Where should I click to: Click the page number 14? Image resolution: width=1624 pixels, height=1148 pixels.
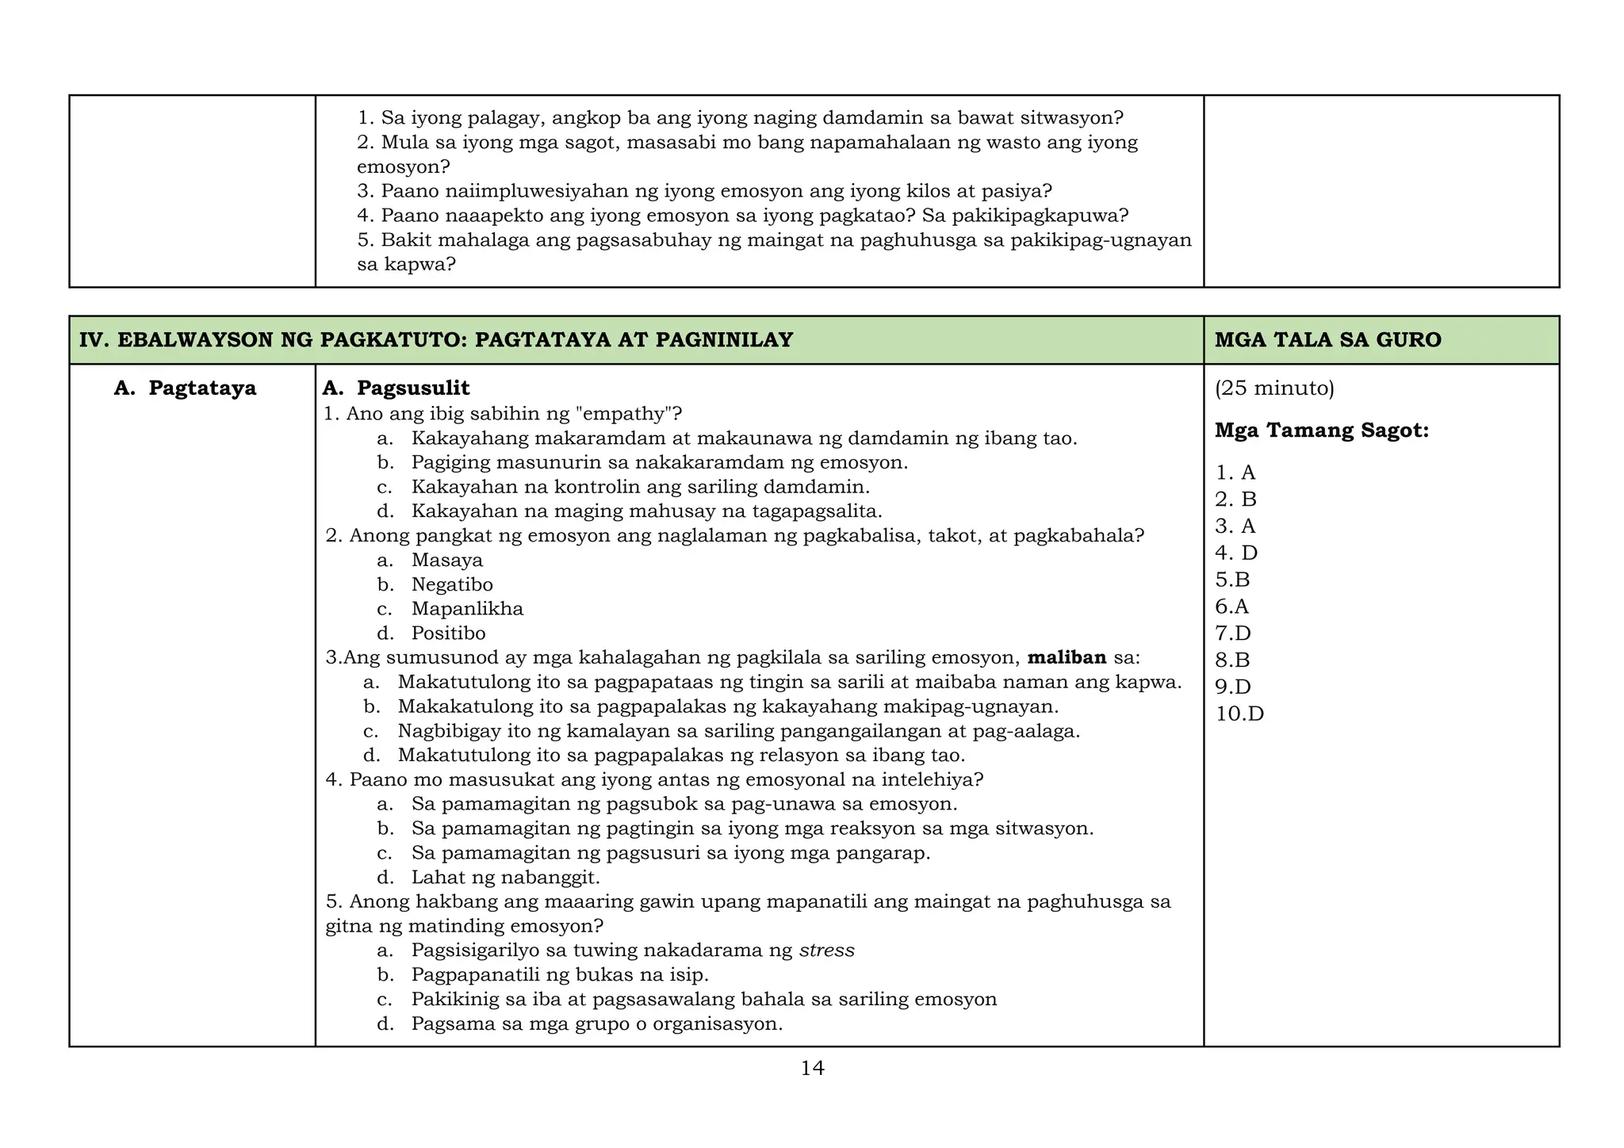click(x=812, y=1069)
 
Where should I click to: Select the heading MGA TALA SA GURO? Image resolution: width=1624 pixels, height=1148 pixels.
click(x=1327, y=340)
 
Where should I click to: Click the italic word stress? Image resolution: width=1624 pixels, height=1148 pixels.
click(x=826, y=951)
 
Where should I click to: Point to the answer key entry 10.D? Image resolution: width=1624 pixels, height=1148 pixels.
click(x=1239, y=714)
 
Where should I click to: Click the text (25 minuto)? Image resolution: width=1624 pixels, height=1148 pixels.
click(x=1274, y=388)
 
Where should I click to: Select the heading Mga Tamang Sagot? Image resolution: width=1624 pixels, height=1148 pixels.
click(x=1321, y=431)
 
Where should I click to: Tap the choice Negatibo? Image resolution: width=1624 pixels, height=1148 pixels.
click(x=452, y=585)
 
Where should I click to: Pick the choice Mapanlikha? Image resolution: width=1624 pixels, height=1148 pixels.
click(x=467, y=609)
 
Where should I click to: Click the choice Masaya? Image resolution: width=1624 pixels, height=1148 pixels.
click(x=446, y=561)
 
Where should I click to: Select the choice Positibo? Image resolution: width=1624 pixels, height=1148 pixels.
click(x=448, y=633)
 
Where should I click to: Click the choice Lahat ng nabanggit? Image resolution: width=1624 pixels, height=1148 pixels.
click(x=505, y=878)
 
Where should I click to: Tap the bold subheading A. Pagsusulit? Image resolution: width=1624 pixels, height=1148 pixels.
click(x=396, y=388)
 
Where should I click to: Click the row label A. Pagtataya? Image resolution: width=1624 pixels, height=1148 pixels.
click(x=186, y=388)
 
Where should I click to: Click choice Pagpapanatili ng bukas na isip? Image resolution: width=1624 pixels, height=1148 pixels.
click(x=560, y=975)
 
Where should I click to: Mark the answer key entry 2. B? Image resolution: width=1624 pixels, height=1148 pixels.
click(x=1235, y=499)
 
